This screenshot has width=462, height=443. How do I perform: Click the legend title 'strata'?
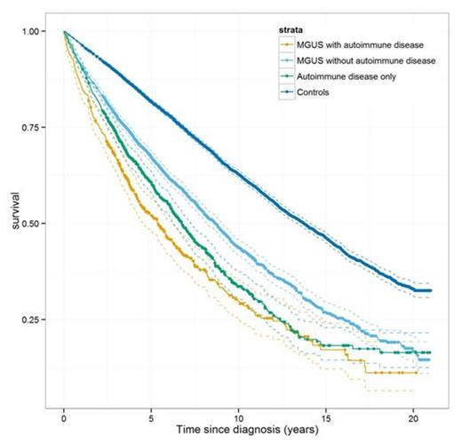(292, 28)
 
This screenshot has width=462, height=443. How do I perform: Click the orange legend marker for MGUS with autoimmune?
(286, 44)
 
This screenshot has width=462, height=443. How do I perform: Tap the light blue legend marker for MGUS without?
(286, 59)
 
